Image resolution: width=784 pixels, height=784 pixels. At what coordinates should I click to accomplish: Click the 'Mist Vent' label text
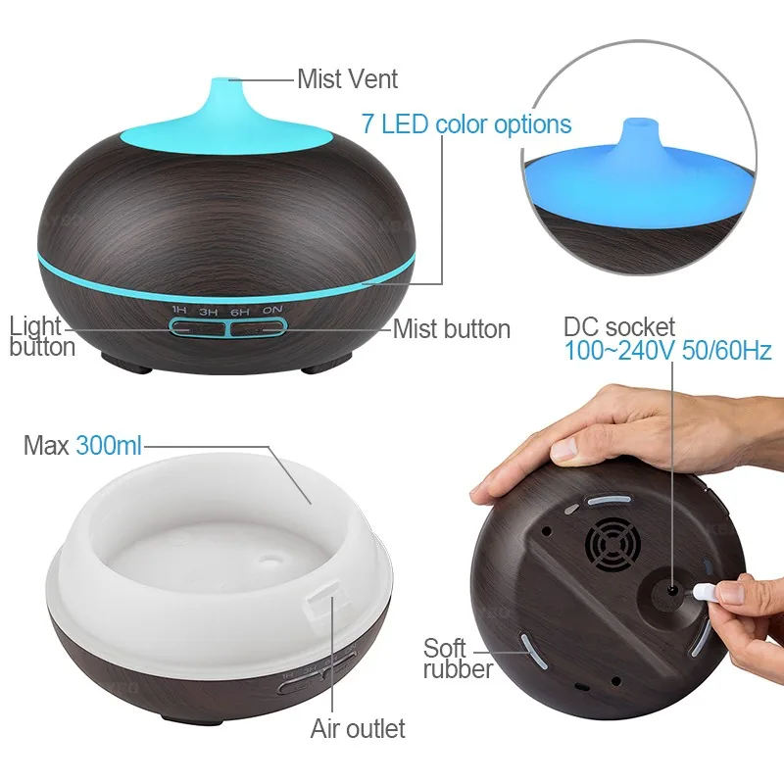click(347, 79)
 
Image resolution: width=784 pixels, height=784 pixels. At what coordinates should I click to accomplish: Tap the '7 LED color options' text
click(466, 124)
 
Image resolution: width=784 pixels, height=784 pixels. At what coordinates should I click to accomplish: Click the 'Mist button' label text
click(452, 329)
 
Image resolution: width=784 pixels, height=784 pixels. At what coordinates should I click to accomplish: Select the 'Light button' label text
click(42, 336)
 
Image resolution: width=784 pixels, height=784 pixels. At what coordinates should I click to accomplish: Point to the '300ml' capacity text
click(109, 445)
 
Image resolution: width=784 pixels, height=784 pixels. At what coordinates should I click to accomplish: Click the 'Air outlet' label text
click(358, 728)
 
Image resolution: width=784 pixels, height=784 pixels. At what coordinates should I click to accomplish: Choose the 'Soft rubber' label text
click(458, 658)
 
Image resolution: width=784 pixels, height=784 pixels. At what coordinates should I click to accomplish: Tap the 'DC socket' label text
click(619, 327)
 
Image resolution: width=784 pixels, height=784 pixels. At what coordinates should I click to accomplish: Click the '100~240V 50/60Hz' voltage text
click(667, 351)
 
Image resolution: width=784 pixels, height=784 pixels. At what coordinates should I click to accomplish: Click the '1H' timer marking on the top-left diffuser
click(179, 311)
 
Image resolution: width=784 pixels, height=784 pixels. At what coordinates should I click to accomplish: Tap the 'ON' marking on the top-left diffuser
click(272, 310)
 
